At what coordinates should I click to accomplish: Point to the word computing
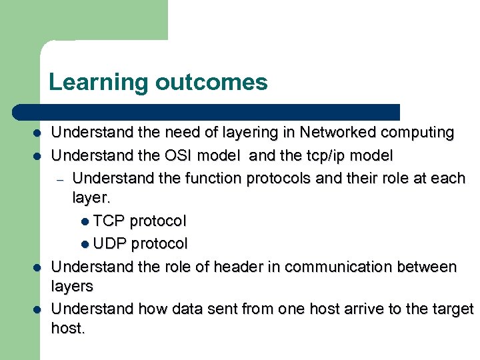(416, 133)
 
